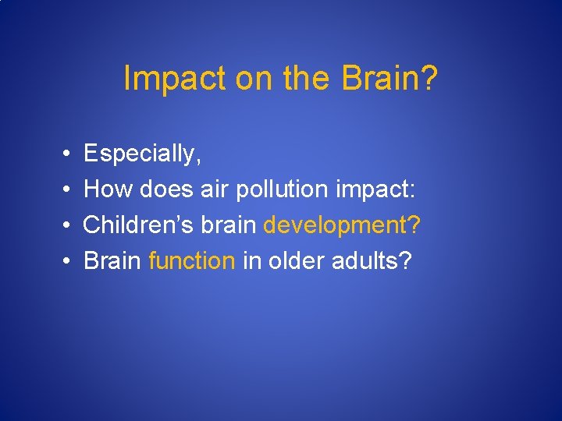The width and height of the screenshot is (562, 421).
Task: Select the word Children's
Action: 137,225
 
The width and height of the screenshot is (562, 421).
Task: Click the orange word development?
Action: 343,225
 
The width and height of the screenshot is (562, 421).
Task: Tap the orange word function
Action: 191,261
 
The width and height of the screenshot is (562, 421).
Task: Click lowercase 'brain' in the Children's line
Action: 227,225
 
